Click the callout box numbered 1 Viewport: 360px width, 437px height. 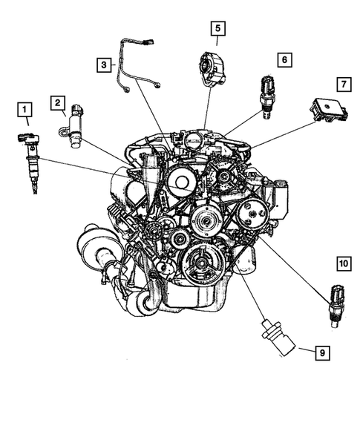pyautogui.click(x=26, y=112)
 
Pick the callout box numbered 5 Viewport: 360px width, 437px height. pyautogui.click(x=217, y=29)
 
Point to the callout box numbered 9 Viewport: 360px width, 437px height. pyautogui.click(x=321, y=353)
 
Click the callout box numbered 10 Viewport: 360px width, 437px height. pyautogui.click(x=342, y=263)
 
